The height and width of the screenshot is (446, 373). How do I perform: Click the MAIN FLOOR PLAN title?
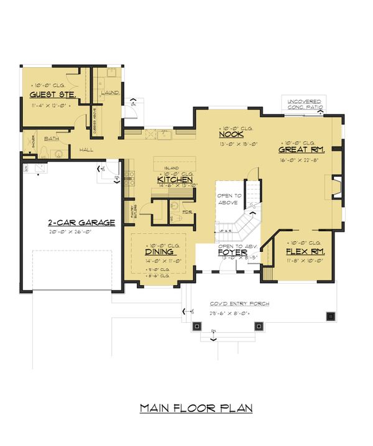click(196, 408)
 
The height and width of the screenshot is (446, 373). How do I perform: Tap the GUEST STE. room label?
click(52, 95)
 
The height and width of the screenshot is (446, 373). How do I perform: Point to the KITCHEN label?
click(177, 179)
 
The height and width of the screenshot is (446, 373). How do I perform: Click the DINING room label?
click(159, 253)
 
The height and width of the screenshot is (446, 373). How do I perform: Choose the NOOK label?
click(229, 134)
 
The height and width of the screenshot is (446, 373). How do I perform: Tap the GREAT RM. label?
click(302, 149)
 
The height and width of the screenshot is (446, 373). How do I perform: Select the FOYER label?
click(233, 253)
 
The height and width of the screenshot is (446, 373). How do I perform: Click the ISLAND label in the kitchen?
click(172, 168)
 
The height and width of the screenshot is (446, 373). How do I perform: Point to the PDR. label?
click(186, 211)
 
